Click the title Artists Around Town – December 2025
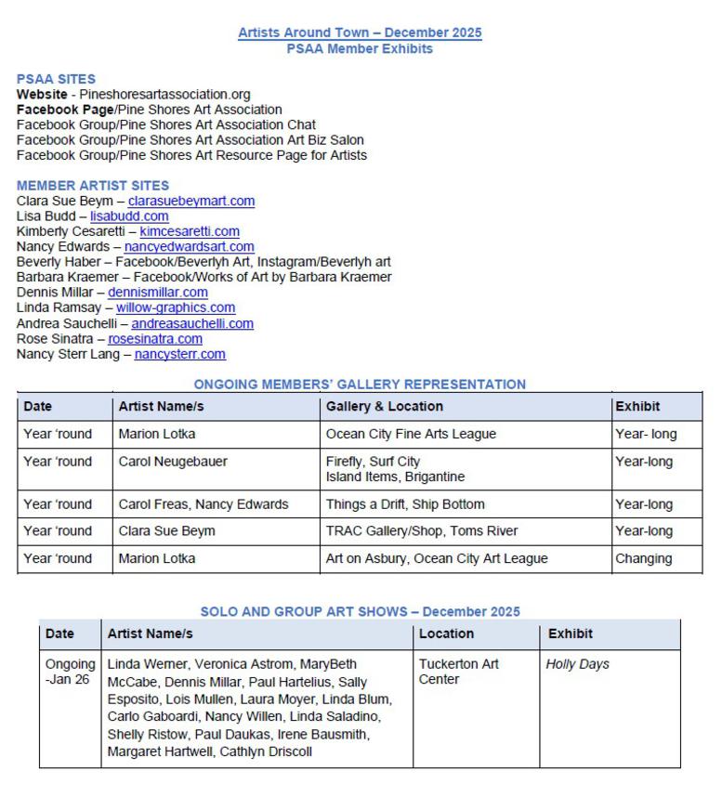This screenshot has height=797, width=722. coord(360,33)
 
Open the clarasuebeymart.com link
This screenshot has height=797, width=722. coord(190,202)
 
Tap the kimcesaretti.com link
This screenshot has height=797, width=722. coord(190,231)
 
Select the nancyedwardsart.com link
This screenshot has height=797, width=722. coord(189,247)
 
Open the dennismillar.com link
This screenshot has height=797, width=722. coord(157,293)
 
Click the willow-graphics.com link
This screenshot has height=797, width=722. coord(175,307)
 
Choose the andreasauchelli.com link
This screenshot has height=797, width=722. coord(191,323)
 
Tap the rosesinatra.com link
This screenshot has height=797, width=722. coord(154,339)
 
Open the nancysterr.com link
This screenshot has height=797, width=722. coord(179,354)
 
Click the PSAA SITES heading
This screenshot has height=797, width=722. coord(56,79)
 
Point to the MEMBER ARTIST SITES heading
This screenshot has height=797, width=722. coord(93,186)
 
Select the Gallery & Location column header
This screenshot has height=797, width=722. coord(384,407)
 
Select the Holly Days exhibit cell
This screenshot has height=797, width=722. coord(577,665)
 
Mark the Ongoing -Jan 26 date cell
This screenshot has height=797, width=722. coord(71,672)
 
